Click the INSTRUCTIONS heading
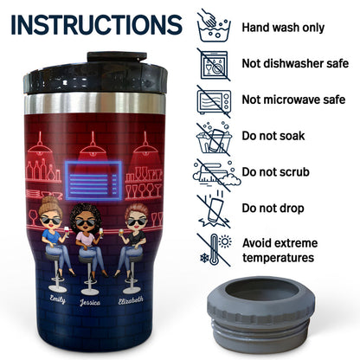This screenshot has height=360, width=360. (x=97, y=25)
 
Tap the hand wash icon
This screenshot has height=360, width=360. (x=214, y=26)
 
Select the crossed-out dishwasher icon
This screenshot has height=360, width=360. (x=214, y=64)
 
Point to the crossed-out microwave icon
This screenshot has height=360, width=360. (x=214, y=101)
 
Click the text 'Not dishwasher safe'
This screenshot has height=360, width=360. (x=295, y=63)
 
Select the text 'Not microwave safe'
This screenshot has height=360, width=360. (x=293, y=100)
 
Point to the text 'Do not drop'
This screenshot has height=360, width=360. (x=273, y=208)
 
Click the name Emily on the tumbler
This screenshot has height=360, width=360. (x=57, y=299)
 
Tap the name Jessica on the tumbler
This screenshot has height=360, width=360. (x=90, y=302)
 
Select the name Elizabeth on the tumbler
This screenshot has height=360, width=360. (x=131, y=300)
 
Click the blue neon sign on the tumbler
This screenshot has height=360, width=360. (x=93, y=181)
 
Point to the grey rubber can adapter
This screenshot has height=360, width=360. (x=260, y=313)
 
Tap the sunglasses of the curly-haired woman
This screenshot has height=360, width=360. (x=85, y=222)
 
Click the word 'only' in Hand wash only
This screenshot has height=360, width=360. (x=313, y=28)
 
